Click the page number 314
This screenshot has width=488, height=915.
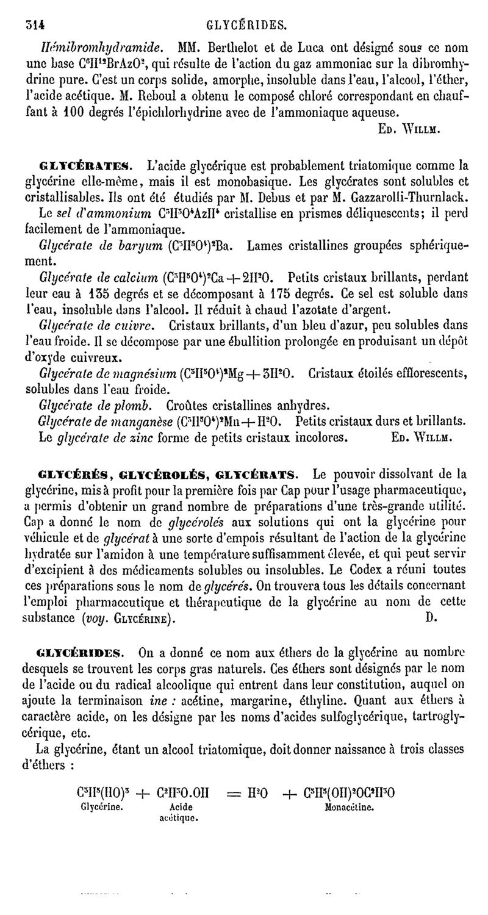click(x=37, y=25)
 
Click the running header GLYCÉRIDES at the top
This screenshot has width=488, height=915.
click(x=246, y=25)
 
